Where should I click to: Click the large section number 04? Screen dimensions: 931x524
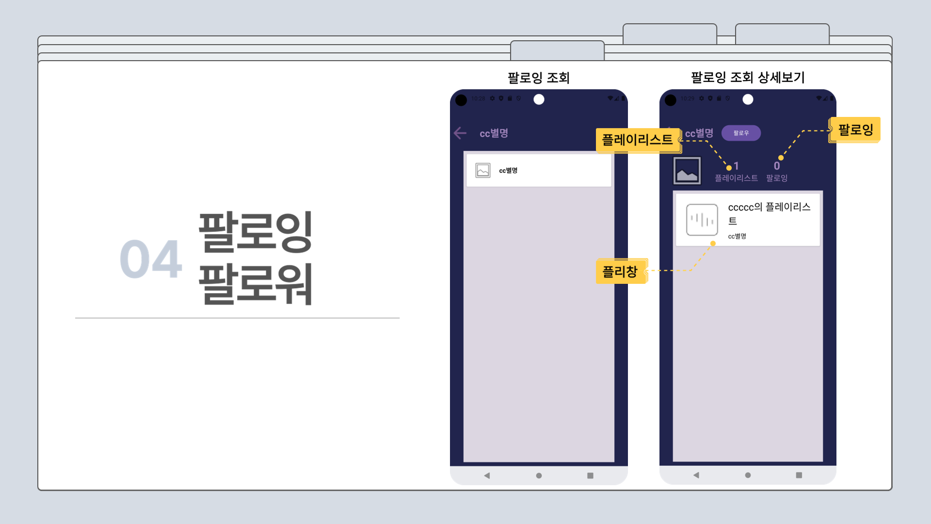point(151,259)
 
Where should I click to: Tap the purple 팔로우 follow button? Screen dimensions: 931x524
point(741,133)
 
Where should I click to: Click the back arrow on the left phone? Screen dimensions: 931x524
point(460,133)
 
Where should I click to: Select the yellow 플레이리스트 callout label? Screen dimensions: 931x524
point(637,140)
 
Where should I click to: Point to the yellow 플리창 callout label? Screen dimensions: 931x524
point(620,272)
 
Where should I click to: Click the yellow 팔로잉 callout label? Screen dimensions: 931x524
point(855,130)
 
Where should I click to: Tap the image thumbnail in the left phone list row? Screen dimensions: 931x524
point(483,170)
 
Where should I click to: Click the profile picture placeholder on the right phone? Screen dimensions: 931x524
point(687,171)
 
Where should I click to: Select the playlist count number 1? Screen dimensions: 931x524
point(736,166)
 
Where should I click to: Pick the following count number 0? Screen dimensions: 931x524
point(777,166)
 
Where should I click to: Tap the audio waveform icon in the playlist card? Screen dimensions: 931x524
point(702,220)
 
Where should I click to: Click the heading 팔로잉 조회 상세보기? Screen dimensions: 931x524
point(748,78)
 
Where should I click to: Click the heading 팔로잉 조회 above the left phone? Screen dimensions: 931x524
point(539,78)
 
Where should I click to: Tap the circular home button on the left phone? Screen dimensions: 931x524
point(539,475)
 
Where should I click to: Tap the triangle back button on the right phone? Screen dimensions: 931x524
point(696,475)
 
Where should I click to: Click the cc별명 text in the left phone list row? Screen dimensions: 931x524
point(508,170)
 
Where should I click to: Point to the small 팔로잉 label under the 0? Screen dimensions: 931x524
point(777,178)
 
